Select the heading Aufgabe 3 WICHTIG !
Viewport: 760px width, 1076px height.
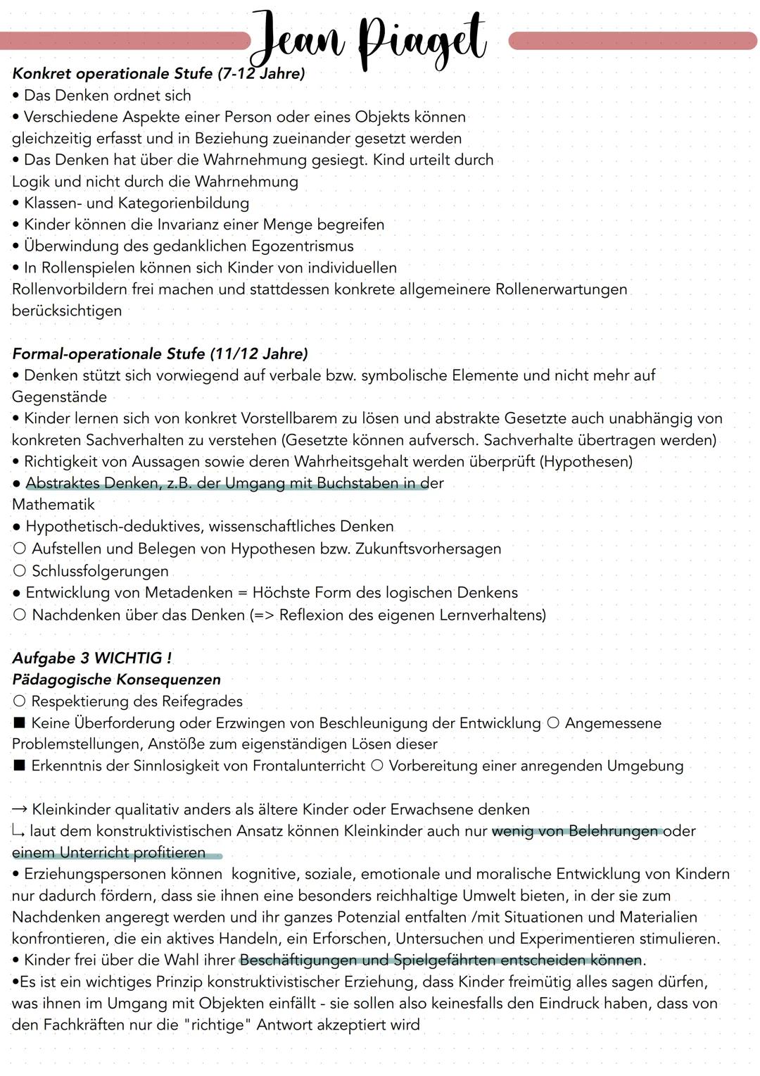pos(92,658)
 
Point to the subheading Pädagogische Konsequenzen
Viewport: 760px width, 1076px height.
pos(117,680)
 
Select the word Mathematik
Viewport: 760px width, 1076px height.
pos(53,505)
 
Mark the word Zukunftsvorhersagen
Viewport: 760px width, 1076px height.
pos(429,549)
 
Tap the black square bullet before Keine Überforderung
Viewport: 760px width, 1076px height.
pos(19,723)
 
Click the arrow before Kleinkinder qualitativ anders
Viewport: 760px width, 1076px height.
pos(20,810)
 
